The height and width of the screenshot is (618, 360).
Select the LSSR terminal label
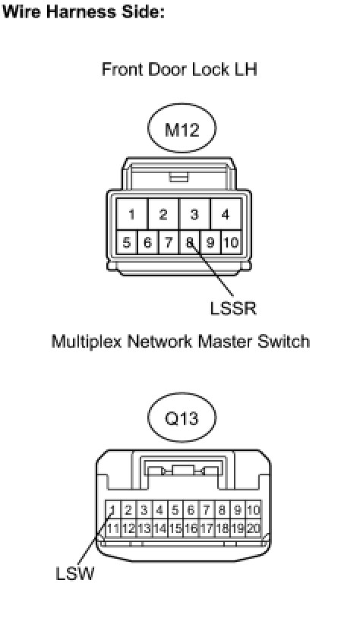(233, 308)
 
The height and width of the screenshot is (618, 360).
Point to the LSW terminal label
(75, 573)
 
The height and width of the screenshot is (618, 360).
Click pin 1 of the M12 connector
(131, 214)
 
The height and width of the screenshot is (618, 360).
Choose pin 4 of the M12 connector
(226, 214)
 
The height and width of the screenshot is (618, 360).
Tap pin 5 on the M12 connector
(127, 242)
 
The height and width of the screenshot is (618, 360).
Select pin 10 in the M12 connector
(231, 242)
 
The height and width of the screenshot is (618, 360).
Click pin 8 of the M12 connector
(189, 242)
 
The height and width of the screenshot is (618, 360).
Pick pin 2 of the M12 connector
(163, 214)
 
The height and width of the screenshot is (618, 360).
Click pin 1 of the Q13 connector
(112, 510)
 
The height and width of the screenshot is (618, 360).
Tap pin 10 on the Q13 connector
(254, 510)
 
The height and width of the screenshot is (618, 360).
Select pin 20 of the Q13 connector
(254, 528)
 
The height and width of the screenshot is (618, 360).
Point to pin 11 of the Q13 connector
(112, 528)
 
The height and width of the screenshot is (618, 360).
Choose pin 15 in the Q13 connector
(175, 528)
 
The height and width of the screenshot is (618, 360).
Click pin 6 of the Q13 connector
(191, 510)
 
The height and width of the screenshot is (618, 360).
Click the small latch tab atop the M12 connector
(178, 177)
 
